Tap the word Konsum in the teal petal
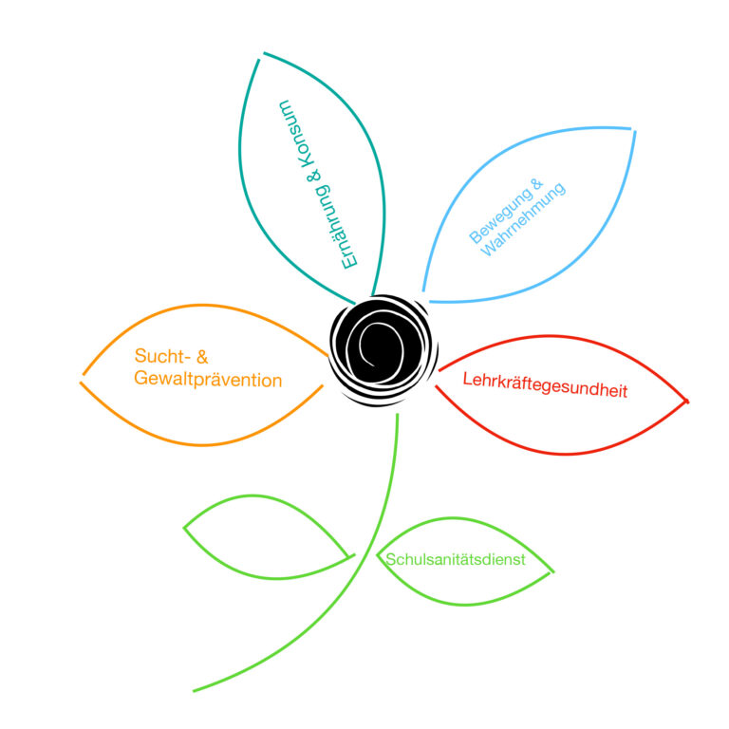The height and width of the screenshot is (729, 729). coord(296,133)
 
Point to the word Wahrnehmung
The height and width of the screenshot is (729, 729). coord(523,219)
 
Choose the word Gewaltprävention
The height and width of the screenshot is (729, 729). coord(208,380)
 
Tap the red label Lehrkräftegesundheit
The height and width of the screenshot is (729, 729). coord(545,385)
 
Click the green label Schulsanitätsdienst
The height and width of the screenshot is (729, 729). coord(456,559)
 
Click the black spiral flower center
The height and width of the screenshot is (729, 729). coord(383,349)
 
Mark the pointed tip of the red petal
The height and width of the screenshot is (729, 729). coord(686,401)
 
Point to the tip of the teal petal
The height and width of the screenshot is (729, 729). coord(261,56)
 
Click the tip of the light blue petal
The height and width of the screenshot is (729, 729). coord(633,130)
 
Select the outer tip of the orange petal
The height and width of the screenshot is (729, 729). coord(82,379)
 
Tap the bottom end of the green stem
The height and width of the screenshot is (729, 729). coord(194,691)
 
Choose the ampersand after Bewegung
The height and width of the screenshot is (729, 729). coord(536,184)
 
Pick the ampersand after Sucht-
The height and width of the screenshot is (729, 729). coord(202,357)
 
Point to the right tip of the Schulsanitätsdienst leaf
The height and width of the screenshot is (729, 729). coord(552,571)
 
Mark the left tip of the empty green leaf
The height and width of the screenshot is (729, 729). coord(184,528)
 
